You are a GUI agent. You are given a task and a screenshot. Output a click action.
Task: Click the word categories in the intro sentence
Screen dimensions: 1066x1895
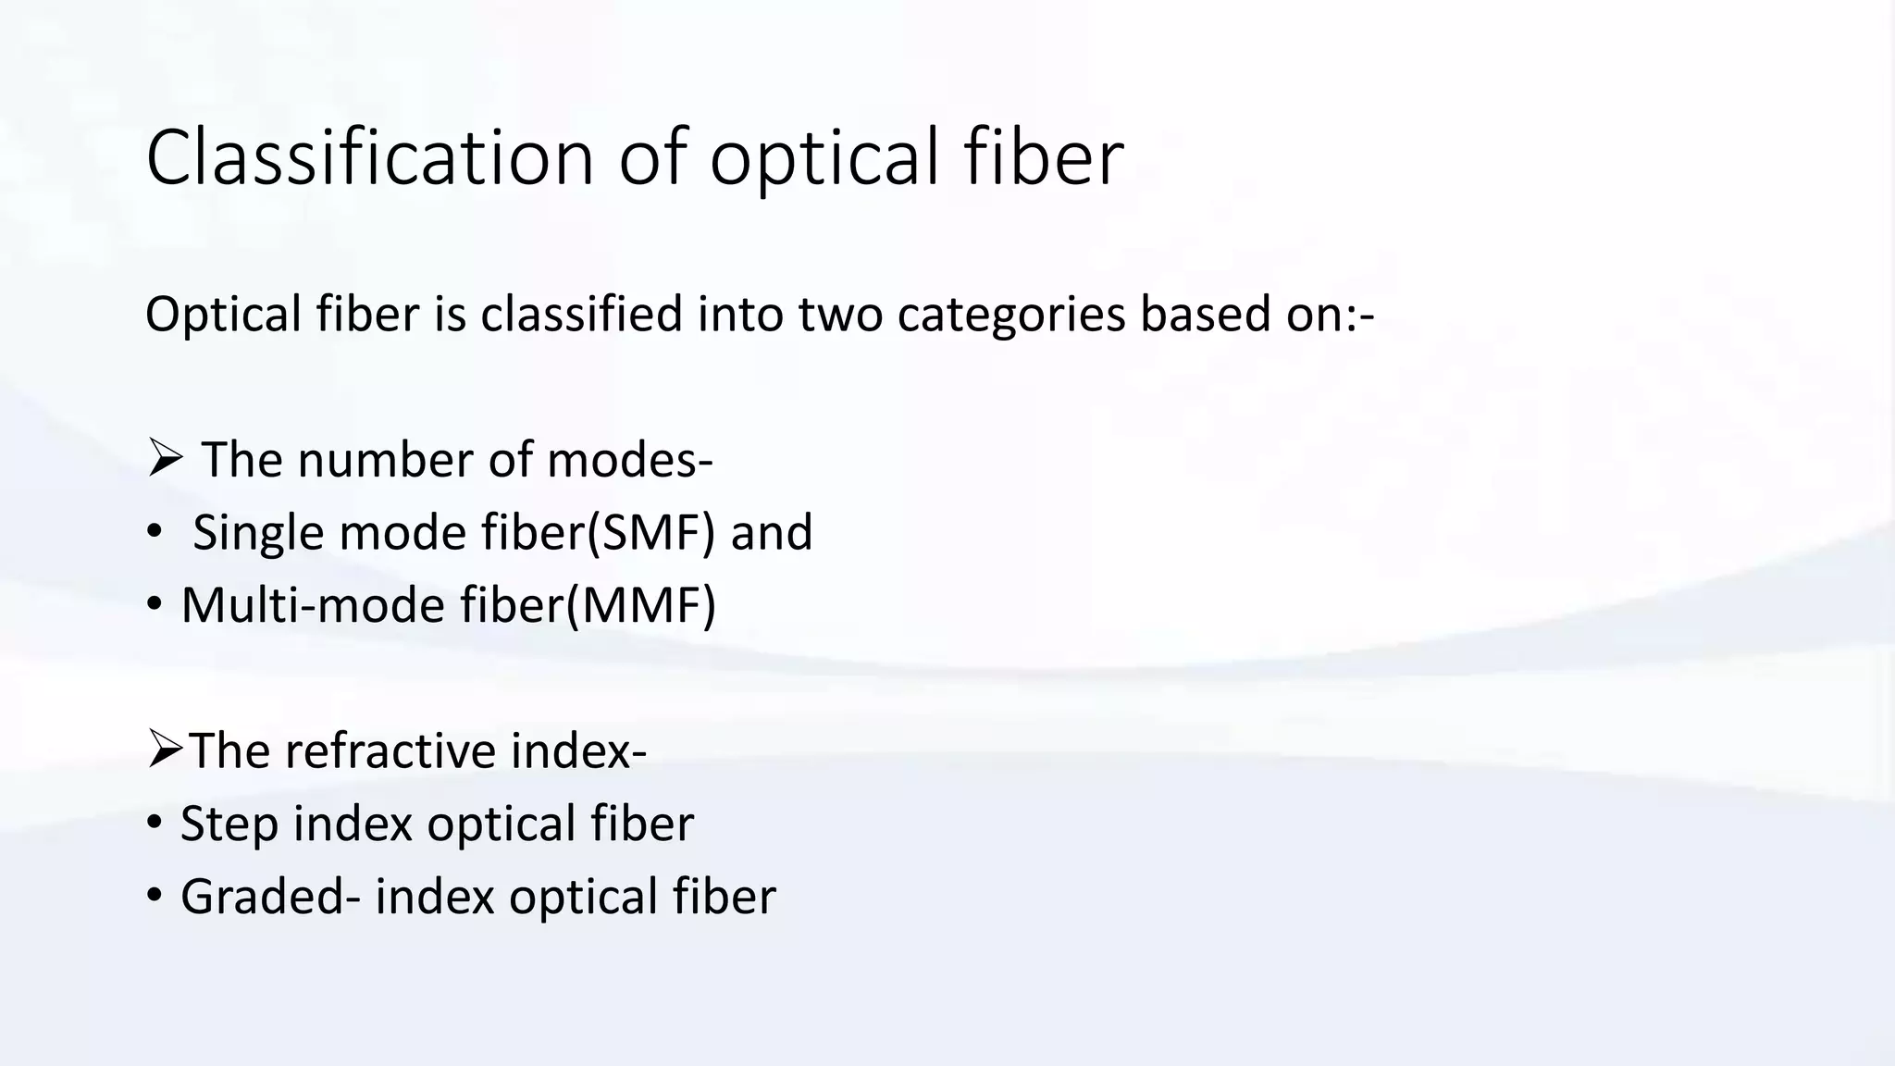(x=1010, y=315)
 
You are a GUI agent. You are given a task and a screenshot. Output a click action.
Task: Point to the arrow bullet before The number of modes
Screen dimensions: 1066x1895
(x=165, y=459)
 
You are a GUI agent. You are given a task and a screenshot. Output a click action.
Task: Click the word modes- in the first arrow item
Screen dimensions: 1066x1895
(x=630, y=460)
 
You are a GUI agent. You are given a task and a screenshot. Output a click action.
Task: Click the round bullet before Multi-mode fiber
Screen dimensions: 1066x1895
(x=155, y=606)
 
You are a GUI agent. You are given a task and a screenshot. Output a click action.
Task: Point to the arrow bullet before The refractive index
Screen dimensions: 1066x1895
(x=165, y=750)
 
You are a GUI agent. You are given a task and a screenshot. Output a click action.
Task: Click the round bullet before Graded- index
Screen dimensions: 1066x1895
(x=155, y=896)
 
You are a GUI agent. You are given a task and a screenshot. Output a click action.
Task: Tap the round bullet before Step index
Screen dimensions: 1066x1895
(x=155, y=823)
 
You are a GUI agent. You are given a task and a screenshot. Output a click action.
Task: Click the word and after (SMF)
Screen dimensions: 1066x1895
(x=771, y=533)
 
